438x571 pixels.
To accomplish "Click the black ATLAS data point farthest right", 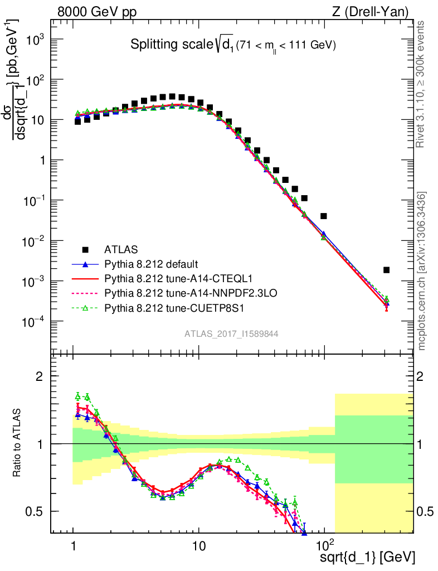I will [387, 270].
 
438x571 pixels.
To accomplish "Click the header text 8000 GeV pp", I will [98, 11].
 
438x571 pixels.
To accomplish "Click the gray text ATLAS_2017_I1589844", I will [231, 333].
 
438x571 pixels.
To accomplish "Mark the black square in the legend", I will [85, 249].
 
